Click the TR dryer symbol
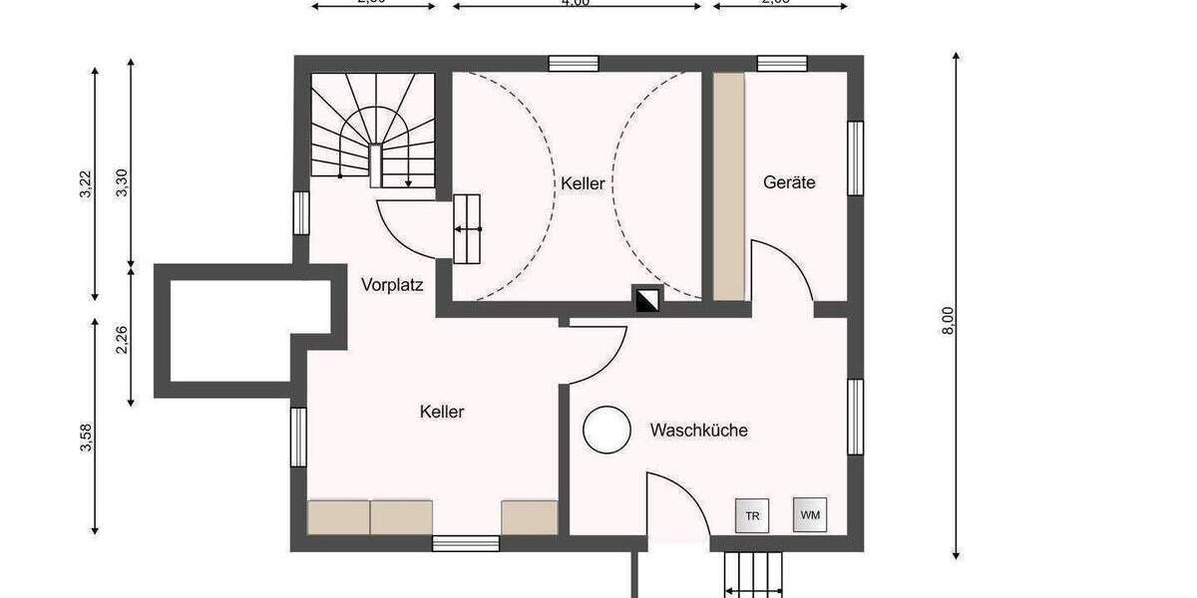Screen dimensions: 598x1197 tap(751, 515)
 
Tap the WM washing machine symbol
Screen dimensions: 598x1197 tap(809, 514)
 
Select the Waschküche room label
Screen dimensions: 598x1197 tap(698, 431)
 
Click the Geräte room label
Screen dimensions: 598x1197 tap(789, 182)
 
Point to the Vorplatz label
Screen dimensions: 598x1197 tap(392, 285)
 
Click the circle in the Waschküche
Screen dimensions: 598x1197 tap(606, 431)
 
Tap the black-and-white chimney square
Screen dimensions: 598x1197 tap(647, 298)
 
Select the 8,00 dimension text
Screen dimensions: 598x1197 tap(948, 320)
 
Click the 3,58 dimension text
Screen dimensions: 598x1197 tap(86, 438)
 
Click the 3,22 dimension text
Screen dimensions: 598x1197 tap(86, 185)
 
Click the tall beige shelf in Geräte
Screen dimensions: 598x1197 tap(728, 185)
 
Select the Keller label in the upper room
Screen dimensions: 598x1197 tap(583, 183)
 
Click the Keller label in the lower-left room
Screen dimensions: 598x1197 tap(442, 411)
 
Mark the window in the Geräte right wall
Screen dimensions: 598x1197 tap(855, 158)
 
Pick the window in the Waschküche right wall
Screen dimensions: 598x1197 tap(855, 417)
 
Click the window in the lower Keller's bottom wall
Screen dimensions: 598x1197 tap(465, 543)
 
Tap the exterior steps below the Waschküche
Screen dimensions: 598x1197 tap(754, 575)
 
